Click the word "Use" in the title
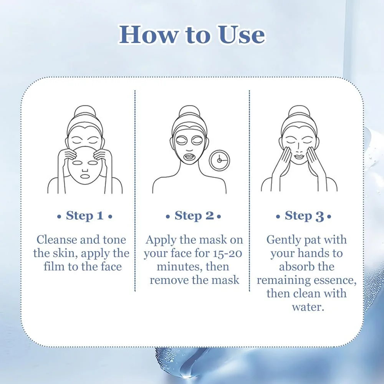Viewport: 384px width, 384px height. coord(241,35)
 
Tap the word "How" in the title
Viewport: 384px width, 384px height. coord(148,35)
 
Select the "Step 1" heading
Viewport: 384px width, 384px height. coord(85,216)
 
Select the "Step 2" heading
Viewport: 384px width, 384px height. coord(194,216)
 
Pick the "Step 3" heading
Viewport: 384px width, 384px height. coord(304,216)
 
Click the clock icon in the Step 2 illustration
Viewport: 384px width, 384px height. coord(219,161)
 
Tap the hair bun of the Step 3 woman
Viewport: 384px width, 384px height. coord(299,112)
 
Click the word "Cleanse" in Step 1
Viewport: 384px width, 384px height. coord(57,240)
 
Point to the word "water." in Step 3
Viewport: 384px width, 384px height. coord(308,307)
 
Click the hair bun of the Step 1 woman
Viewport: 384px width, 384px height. coord(85,112)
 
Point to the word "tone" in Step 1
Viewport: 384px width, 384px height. coord(114,240)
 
